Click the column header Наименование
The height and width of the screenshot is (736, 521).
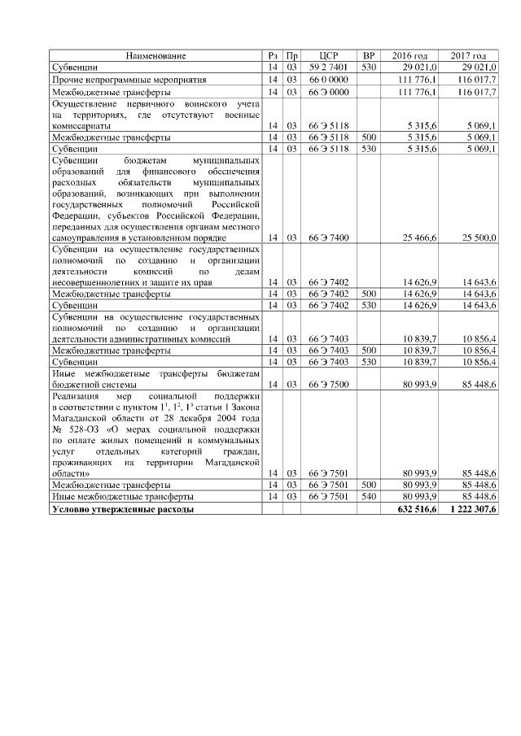(x=155, y=55)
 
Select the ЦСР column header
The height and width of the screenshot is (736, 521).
(x=329, y=55)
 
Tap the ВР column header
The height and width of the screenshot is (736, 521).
(x=369, y=55)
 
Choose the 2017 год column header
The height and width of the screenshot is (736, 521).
(x=469, y=55)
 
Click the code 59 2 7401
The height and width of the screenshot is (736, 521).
(x=329, y=67)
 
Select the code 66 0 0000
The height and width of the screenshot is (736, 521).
(x=329, y=80)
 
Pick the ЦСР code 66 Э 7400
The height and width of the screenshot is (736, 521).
(x=329, y=237)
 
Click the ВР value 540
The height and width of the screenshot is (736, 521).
(x=369, y=496)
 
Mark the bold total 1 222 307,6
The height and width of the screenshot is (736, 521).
(x=472, y=508)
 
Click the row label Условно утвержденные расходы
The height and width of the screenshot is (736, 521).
(x=122, y=508)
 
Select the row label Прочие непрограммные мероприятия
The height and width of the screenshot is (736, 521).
(x=129, y=80)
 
